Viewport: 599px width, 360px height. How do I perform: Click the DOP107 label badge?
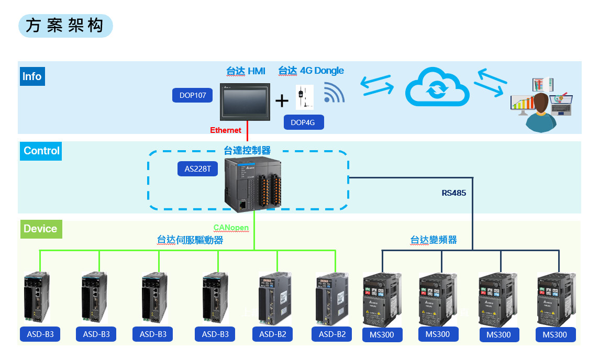point(193,95)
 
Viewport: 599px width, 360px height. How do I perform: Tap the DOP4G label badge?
point(304,122)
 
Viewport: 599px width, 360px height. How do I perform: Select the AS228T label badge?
point(197,169)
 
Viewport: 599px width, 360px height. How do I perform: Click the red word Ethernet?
point(226,130)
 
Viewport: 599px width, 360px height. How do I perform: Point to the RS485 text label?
point(453,193)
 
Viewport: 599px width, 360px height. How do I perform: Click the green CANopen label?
point(231,228)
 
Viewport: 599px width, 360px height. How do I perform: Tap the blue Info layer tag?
point(31,76)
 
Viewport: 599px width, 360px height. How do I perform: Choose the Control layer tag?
point(41,151)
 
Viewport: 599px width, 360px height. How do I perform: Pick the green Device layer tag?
point(40,229)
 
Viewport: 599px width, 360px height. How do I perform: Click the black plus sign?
point(282,100)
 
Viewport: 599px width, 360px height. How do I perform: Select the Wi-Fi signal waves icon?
point(333,93)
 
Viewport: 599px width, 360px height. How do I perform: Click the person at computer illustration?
point(540,105)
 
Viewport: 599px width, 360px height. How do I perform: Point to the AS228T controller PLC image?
point(253,183)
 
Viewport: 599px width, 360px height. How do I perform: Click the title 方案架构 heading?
point(65,26)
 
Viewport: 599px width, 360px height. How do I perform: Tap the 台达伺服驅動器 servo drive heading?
point(190,240)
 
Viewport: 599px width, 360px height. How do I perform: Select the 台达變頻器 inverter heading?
point(433,240)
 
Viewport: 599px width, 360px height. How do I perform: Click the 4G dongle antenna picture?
point(304,97)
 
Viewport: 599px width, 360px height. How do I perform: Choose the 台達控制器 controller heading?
point(247,151)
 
